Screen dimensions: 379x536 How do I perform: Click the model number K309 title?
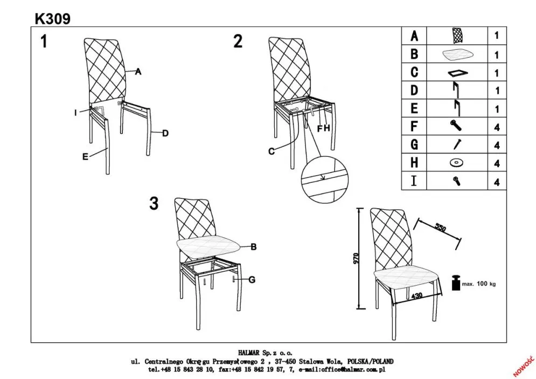tap(52, 18)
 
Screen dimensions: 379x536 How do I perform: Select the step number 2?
tap(238, 42)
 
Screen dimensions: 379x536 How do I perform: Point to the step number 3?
tap(154, 204)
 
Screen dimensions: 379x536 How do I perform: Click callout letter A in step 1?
tap(138, 71)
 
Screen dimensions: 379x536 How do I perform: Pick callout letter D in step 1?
tap(165, 133)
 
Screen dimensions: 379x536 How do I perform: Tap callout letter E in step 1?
tap(85, 156)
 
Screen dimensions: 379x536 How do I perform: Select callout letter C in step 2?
tap(272, 152)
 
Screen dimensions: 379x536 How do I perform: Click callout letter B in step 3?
tap(253, 247)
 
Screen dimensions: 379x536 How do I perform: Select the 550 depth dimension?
tap(441, 228)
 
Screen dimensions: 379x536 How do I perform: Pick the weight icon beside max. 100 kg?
tap(455, 283)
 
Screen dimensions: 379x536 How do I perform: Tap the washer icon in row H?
tap(457, 162)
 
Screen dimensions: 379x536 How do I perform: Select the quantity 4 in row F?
tap(496, 128)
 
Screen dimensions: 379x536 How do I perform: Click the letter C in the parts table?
tap(414, 72)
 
